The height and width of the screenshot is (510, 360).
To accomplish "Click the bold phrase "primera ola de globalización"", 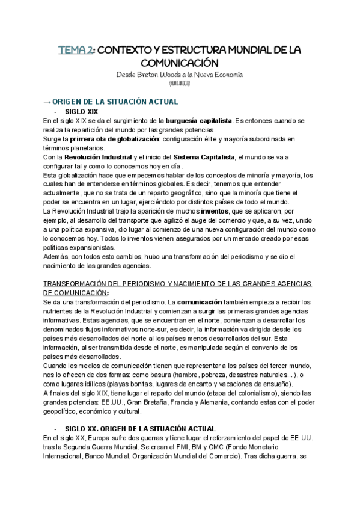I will tap(115, 140).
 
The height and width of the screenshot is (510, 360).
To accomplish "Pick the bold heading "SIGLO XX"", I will tap(82, 428).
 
